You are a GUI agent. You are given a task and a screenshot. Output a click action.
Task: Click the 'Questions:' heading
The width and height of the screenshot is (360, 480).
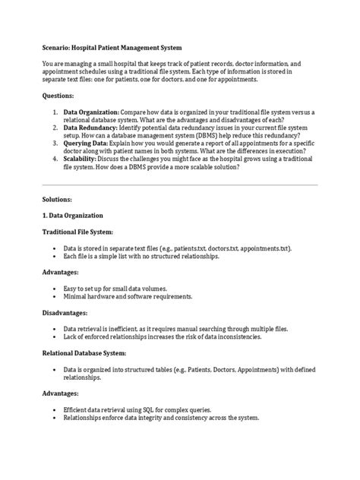60,97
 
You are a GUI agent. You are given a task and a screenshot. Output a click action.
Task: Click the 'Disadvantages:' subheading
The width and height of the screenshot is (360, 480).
67,313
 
